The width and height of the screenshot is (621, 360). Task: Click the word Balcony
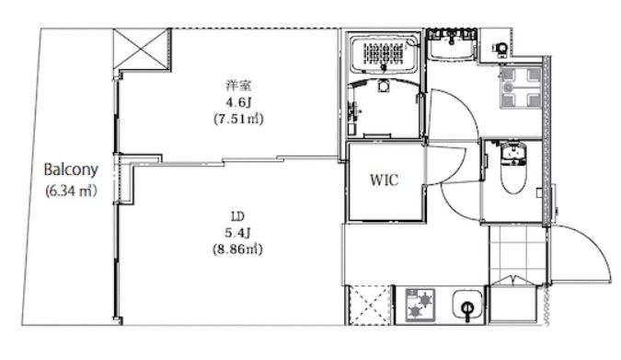[71, 169]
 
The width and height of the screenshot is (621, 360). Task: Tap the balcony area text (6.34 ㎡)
[71, 191]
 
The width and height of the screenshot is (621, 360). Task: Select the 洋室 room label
[238, 86]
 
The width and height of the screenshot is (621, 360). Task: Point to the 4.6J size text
[238, 102]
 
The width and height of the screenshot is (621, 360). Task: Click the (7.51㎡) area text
[238, 119]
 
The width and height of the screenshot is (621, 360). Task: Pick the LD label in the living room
[237, 216]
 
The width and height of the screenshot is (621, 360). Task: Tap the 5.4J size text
[237, 233]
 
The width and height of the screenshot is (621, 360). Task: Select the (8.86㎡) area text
[237, 249]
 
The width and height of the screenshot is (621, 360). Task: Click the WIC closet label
[384, 180]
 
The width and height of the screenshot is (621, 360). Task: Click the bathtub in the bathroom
[385, 54]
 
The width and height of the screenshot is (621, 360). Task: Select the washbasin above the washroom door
[452, 46]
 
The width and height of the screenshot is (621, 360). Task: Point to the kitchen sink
[467, 305]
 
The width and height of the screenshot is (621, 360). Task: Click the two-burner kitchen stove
[420, 305]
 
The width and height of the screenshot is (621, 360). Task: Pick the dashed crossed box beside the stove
[371, 306]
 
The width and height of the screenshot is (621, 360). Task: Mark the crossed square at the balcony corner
[142, 49]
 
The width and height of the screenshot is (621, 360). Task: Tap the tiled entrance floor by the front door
[517, 252]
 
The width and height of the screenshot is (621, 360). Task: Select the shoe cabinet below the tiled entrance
[514, 303]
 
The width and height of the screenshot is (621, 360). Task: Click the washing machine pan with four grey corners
[521, 87]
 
